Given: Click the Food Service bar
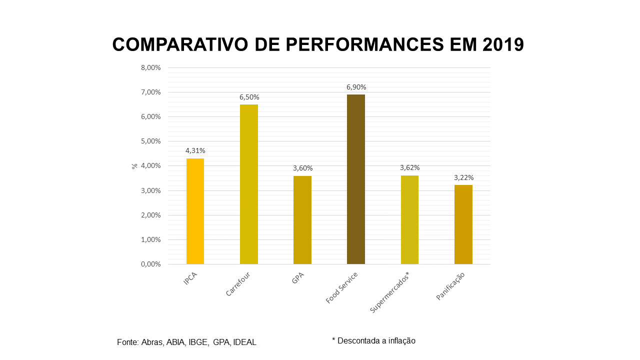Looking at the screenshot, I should pyautogui.click(x=355, y=179).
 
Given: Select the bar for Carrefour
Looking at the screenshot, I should pyautogui.click(x=249, y=184).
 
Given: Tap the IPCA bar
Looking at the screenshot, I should pyautogui.click(x=195, y=211).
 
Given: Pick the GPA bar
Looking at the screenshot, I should pyautogui.click(x=302, y=220).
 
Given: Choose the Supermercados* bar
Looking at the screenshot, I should pyautogui.click(x=409, y=219).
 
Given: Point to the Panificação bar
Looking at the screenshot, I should pyautogui.click(x=463, y=224).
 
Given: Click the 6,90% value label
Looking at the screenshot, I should pyautogui.click(x=356, y=87).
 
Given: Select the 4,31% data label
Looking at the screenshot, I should pyautogui.click(x=195, y=150).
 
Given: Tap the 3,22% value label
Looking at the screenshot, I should pyautogui.click(x=463, y=177).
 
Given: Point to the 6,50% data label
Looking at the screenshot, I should pyautogui.click(x=249, y=97).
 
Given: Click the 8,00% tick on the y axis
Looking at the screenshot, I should pyautogui.click(x=150, y=68).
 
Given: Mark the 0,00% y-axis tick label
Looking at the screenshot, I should pyautogui.click(x=150, y=264).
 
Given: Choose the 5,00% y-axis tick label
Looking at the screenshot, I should pyautogui.click(x=150, y=141).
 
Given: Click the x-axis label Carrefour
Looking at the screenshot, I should pyautogui.click(x=238, y=284).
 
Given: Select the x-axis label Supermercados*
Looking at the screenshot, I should pyautogui.click(x=390, y=293).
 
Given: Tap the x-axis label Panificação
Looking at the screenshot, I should pyautogui.click(x=450, y=286).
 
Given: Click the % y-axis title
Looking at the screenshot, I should pyautogui.click(x=134, y=166).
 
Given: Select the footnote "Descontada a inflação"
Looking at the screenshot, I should pyautogui.click(x=376, y=341).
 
